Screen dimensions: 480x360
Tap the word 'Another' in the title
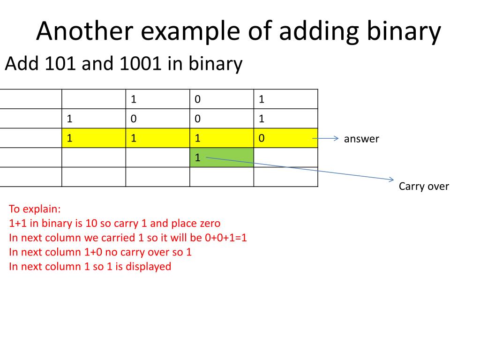coord(82,32)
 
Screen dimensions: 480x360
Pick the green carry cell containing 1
coord(222,157)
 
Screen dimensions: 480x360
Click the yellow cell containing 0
coord(285,138)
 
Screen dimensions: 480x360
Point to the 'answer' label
coord(361,139)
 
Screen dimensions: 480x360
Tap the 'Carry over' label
coord(424,187)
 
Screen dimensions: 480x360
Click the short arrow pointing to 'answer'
coord(325,138)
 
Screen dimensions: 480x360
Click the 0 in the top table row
coord(198,99)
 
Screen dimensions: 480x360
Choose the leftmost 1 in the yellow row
coord(70,138)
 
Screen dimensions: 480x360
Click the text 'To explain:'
coord(35,209)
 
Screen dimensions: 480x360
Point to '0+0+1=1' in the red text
coord(226,238)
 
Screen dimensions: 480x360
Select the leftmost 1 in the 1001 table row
coord(70,119)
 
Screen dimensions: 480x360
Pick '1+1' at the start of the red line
coord(18,223)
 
